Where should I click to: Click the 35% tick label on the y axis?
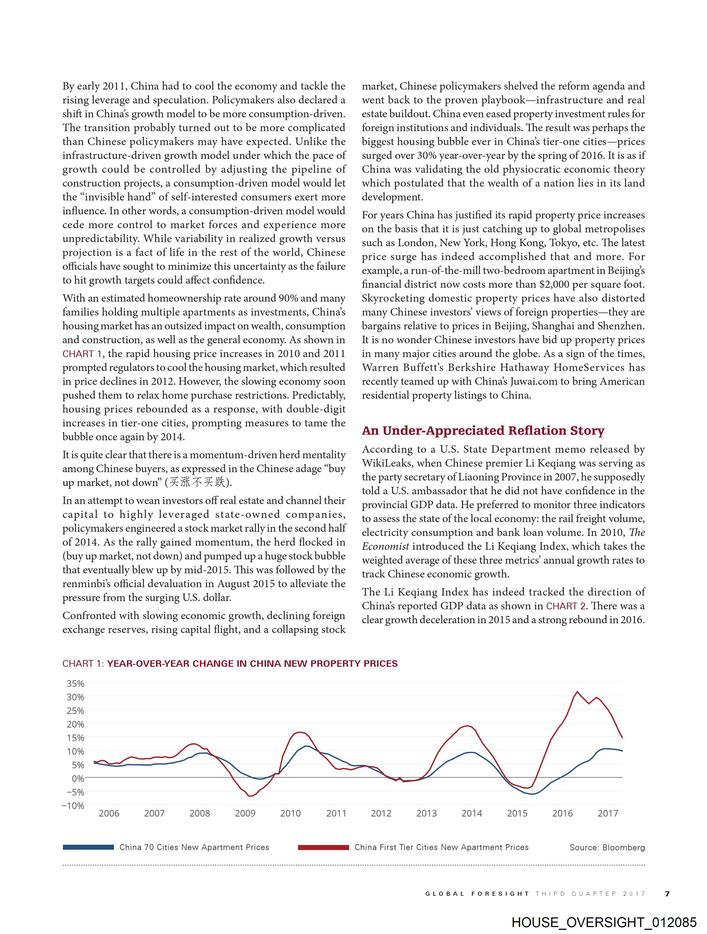click(75, 683)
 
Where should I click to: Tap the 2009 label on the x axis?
click(245, 813)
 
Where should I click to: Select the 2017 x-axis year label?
click(608, 813)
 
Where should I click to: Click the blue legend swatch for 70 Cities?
click(88, 847)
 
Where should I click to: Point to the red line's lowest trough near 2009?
click(250, 796)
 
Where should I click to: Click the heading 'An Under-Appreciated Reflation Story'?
click(483, 431)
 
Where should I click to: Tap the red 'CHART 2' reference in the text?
click(566, 606)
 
